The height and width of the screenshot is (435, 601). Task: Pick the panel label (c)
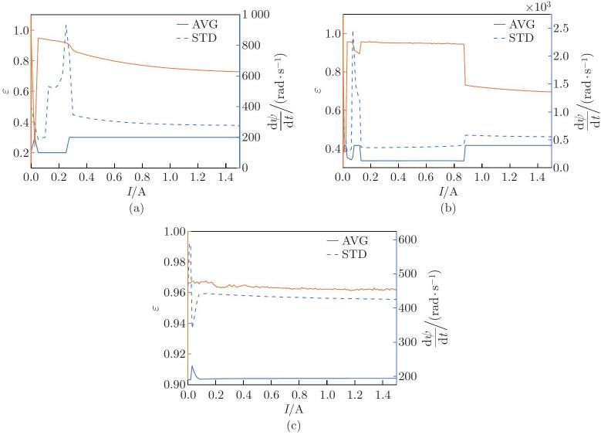(292, 426)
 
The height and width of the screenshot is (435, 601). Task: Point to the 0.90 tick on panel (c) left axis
(177, 384)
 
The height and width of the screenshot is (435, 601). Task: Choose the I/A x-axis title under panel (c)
(292, 408)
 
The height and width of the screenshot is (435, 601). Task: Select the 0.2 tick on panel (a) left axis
(21, 152)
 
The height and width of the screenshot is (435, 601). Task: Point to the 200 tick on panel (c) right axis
(409, 376)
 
